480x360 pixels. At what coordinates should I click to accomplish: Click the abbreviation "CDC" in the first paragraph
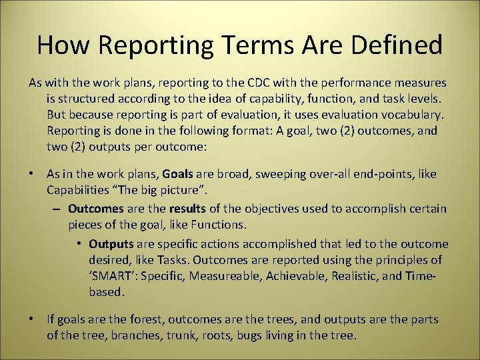259,83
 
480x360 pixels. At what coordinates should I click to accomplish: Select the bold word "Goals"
177,174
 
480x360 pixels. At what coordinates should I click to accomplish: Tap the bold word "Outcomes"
95,209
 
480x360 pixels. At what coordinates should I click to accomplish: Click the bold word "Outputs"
110,243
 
